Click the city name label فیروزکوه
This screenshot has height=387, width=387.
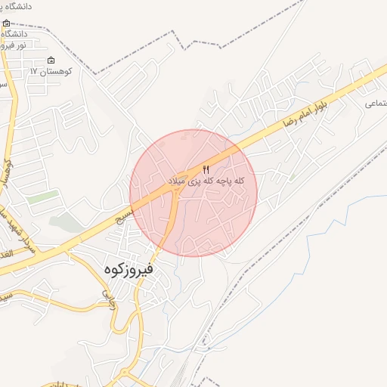128,268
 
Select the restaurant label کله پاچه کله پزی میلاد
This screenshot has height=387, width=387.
207,182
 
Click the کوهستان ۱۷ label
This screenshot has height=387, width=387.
50,70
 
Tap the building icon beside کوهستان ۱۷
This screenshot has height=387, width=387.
51,60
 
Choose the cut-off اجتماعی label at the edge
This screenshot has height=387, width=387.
376,103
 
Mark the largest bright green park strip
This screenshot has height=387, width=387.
43,197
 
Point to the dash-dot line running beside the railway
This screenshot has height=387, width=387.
249,287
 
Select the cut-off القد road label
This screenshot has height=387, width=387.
5,254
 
